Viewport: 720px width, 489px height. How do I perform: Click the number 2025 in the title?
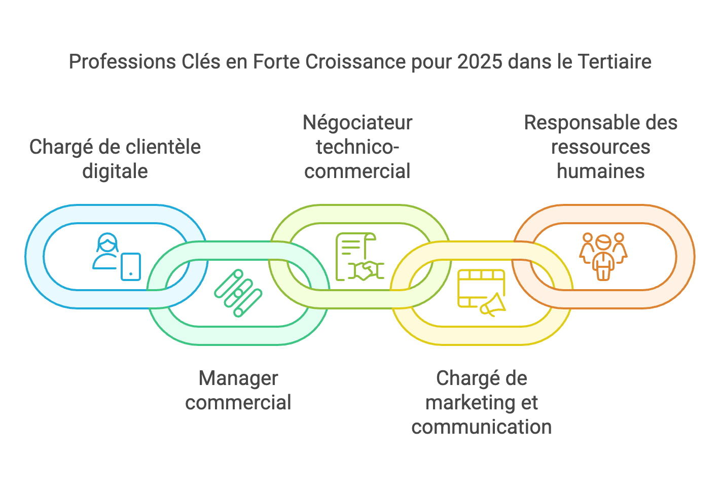pos(479,62)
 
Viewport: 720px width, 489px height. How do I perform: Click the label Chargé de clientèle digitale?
pos(115,159)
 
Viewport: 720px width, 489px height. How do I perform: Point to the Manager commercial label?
pos(238,390)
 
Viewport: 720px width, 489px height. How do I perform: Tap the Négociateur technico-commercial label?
pos(357,147)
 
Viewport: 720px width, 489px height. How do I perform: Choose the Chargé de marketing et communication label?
pos(481,402)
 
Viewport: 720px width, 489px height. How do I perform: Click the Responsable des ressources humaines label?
pos(601,147)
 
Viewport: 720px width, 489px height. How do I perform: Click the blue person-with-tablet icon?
pos(116,256)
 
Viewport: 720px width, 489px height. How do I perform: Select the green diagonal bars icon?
pos(238,293)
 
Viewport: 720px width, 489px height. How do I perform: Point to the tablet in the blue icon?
pos(131,266)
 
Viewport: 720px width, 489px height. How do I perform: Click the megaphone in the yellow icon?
pos(493,305)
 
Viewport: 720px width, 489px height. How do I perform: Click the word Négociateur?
pos(357,123)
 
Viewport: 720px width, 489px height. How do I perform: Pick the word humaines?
pos(601,171)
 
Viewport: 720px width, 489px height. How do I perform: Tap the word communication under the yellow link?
pos(481,427)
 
